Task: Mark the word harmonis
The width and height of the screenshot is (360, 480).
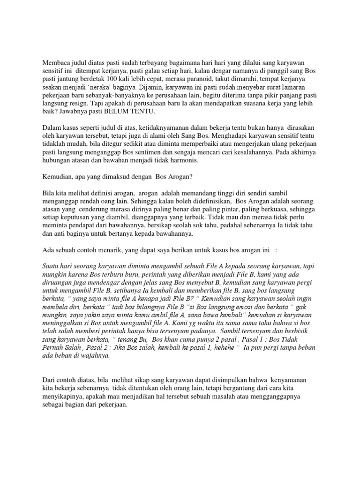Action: [173, 160]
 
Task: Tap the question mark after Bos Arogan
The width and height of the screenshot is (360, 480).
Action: [187, 177]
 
